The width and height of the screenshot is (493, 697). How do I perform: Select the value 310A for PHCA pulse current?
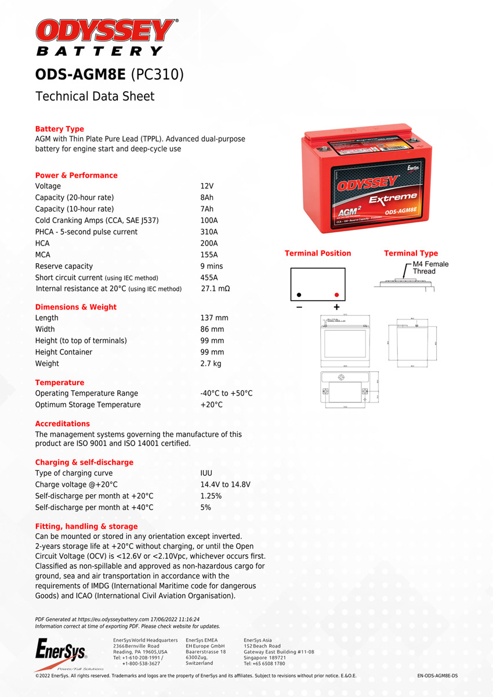(x=209, y=232)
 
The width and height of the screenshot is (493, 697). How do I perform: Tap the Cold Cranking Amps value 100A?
(x=209, y=220)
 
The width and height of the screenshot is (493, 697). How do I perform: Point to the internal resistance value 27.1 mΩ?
(x=215, y=289)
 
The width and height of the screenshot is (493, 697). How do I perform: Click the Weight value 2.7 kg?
(x=211, y=364)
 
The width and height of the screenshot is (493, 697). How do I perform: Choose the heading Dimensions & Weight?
(x=76, y=307)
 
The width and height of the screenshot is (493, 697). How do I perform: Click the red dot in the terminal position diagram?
(x=336, y=294)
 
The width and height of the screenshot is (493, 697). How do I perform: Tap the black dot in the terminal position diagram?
(x=299, y=294)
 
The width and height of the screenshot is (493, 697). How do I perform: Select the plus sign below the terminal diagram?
(x=336, y=307)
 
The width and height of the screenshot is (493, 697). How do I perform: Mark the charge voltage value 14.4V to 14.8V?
(x=225, y=484)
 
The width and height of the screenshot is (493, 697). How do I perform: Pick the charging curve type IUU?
(x=206, y=473)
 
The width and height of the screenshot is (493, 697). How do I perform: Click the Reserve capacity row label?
(x=64, y=266)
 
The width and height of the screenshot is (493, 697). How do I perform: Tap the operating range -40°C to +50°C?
(x=226, y=393)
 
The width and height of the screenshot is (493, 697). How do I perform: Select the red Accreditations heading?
(x=63, y=423)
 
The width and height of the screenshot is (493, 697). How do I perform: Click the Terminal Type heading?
(x=411, y=253)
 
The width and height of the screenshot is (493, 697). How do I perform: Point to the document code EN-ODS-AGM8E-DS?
(x=437, y=676)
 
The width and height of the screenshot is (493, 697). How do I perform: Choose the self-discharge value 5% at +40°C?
(x=205, y=507)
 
